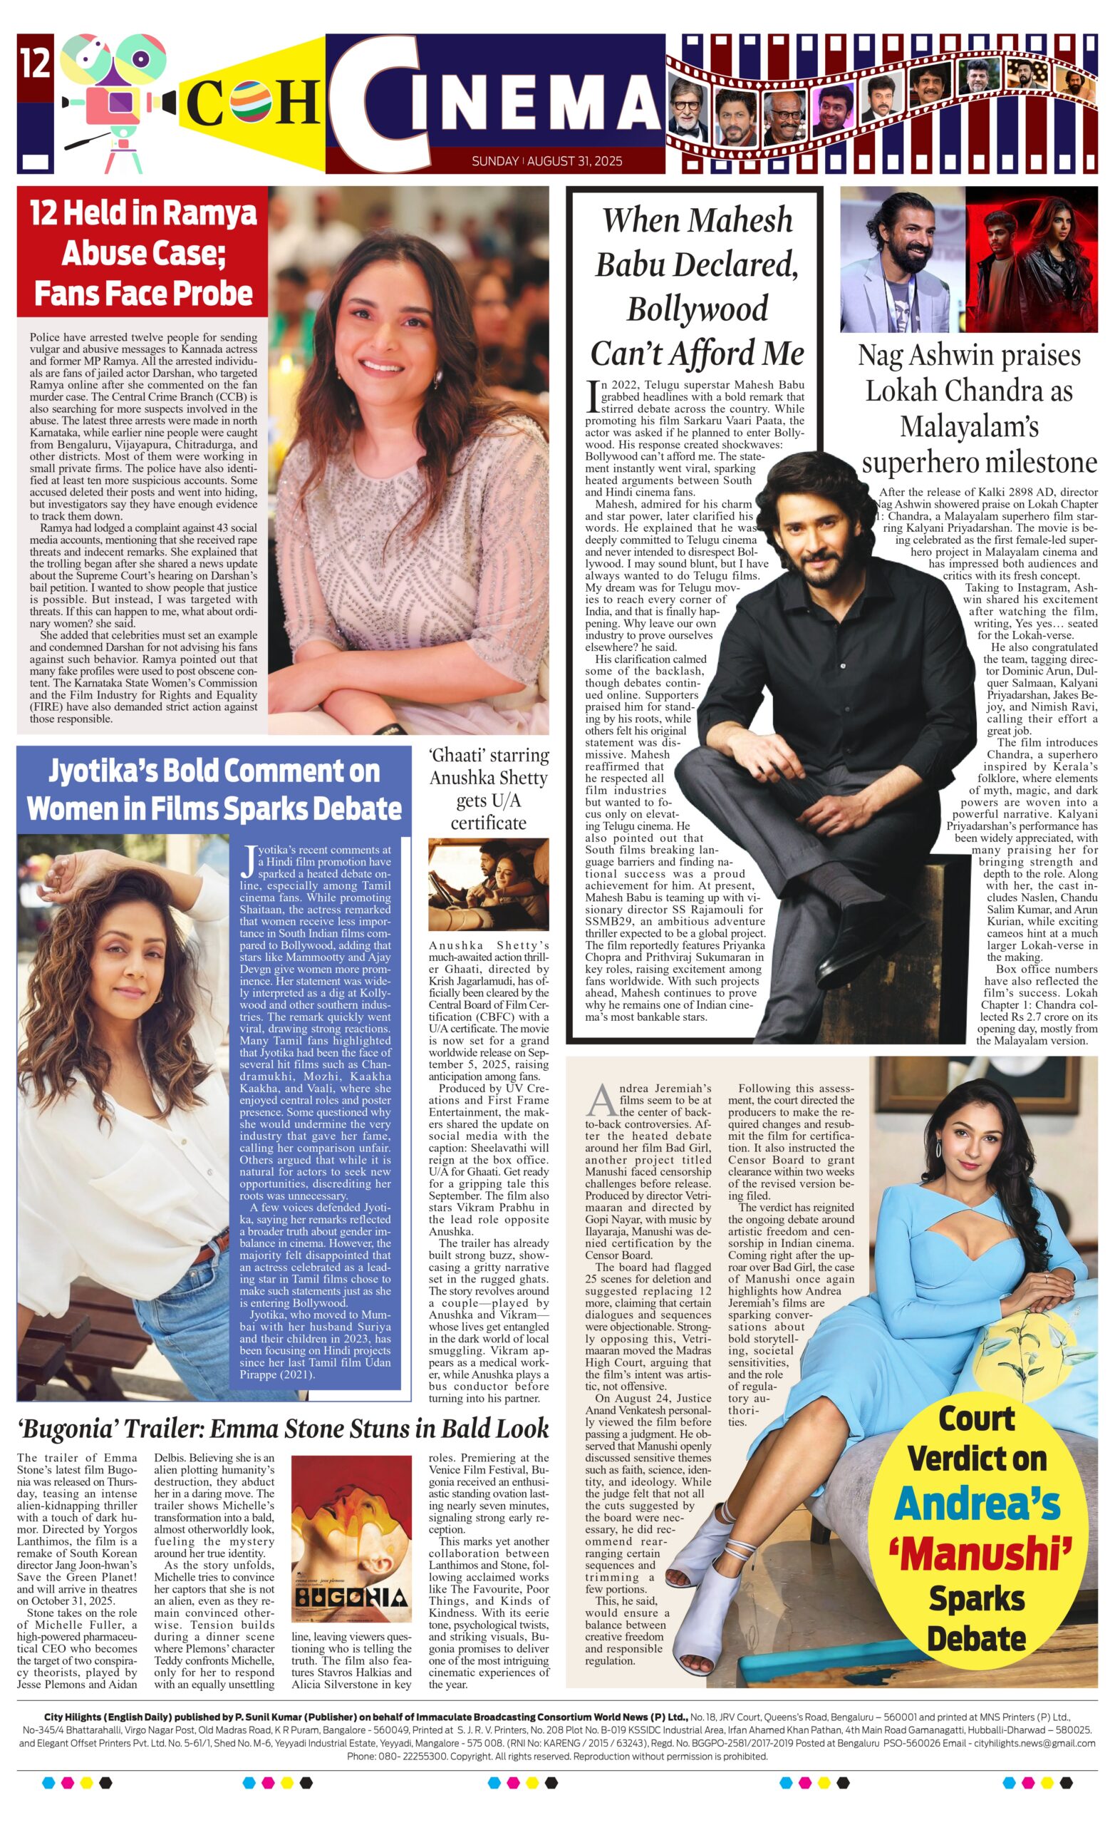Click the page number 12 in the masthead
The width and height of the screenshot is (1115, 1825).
pyautogui.click(x=35, y=63)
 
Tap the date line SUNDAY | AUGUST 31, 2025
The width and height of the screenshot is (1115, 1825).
pyautogui.click(x=546, y=160)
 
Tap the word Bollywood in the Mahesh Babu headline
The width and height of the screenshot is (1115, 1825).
pyautogui.click(x=697, y=309)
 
